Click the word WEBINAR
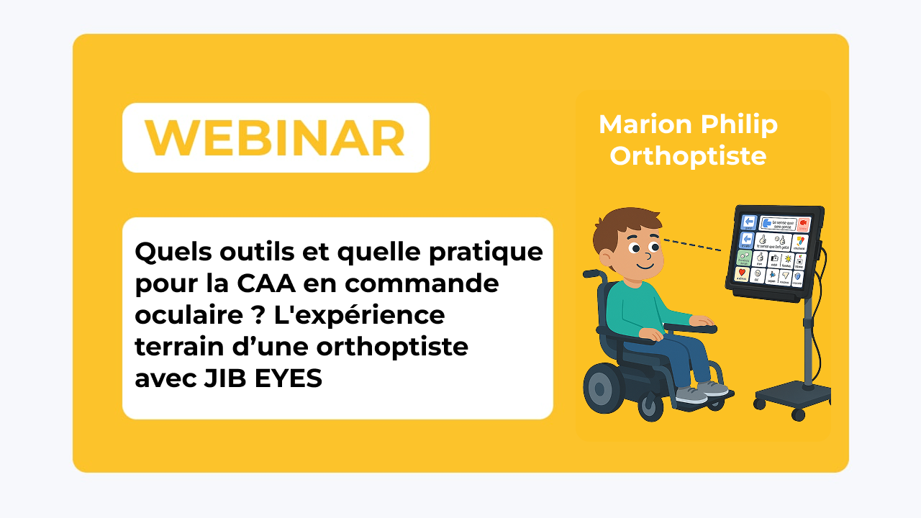(275, 138)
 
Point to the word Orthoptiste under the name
(688, 156)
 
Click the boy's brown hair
(622, 222)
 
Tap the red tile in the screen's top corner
(804, 224)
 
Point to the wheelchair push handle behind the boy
(592, 274)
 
